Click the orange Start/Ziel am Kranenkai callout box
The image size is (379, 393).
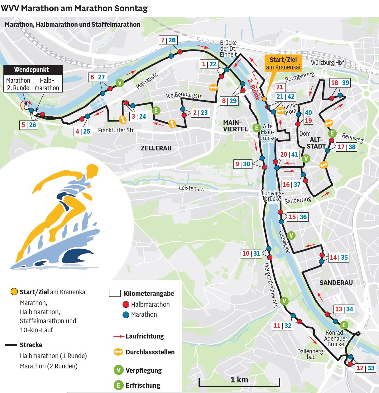pos(283,63)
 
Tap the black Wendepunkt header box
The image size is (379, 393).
pos(31,70)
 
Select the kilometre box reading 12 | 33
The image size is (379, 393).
pos(365,368)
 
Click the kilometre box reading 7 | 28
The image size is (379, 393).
pos(168,40)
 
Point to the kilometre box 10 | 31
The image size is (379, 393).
pos(251,253)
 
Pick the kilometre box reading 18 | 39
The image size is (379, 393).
pos(340,83)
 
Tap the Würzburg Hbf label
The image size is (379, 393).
pos(327,63)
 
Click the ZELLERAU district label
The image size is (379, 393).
pos(156,148)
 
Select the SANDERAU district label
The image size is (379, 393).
pos(336,283)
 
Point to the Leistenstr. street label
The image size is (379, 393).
pos(191,188)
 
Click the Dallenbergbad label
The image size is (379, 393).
pos(311,354)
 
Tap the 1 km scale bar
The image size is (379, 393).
pos(239,382)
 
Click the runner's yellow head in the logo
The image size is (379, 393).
pos(92,170)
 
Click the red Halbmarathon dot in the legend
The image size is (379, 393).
pos(126,305)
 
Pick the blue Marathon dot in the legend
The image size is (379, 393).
pos(126,315)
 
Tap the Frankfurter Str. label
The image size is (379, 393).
pos(116,130)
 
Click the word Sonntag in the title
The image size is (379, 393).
pos(131,8)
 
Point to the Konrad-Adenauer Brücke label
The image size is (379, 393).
pos(336,338)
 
